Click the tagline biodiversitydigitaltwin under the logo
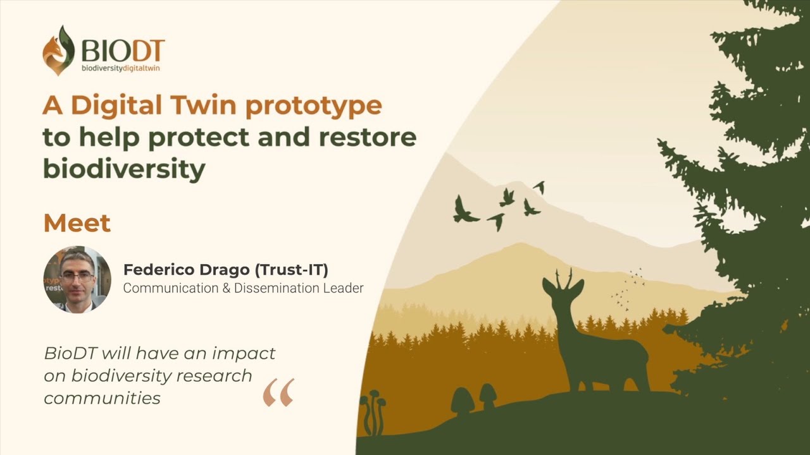120,68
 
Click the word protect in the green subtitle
199,138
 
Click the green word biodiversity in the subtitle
125,168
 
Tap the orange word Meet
77,223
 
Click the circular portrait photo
77,279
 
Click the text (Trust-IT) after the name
292,270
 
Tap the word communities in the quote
102,399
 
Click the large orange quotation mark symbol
278,392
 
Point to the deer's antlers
564,279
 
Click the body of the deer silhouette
607,358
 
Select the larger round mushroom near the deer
463,400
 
